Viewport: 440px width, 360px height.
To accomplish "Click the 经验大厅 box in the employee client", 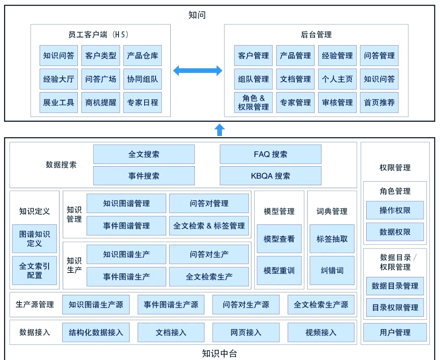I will [x=59, y=79].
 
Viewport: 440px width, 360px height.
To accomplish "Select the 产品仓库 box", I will [x=142, y=56].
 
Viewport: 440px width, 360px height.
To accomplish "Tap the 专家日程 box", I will [x=142, y=103].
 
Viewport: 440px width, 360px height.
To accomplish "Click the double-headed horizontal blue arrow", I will [x=198, y=71].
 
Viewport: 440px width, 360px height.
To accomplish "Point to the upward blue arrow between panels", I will [x=220, y=130].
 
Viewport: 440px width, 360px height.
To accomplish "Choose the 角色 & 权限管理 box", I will [x=253, y=103].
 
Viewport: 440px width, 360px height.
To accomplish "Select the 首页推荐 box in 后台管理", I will [x=379, y=103].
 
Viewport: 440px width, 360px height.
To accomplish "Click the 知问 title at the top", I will [x=197, y=15].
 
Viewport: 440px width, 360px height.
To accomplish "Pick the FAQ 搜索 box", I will [x=270, y=154].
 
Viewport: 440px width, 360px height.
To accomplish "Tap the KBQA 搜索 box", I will [x=270, y=176].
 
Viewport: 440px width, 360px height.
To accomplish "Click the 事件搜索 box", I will [x=144, y=176].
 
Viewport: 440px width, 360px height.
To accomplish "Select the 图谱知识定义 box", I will [x=35, y=239].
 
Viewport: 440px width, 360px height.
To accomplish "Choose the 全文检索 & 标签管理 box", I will [x=209, y=226].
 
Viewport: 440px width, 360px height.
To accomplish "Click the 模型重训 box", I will [x=279, y=270].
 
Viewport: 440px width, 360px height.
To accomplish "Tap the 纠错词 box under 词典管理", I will [x=332, y=270].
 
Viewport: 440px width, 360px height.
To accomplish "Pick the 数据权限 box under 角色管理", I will [x=395, y=232].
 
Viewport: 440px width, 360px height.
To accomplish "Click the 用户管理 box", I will [x=395, y=332].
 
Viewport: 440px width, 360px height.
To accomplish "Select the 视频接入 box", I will [x=321, y=332].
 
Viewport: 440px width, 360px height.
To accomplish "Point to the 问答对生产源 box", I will [x=246, y=305].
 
